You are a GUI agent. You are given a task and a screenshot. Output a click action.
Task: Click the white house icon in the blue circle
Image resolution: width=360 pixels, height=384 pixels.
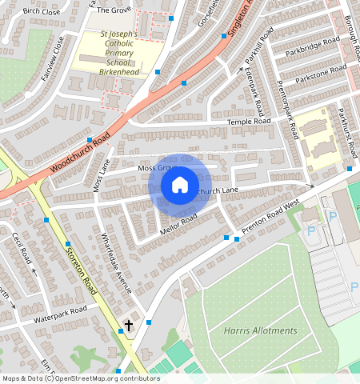tap(180, 185)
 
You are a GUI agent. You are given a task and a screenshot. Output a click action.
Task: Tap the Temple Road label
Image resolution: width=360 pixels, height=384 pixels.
tap(250, 121)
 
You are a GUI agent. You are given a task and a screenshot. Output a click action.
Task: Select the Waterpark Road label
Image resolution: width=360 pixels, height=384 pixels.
tap(59, 314)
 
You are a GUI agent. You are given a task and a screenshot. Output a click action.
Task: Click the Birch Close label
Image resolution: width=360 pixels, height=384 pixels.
tap(42, 12)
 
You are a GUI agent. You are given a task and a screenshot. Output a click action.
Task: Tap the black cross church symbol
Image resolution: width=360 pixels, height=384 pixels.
tap(129, 325)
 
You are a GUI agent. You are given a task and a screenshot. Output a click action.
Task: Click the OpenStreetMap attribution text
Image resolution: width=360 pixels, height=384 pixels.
tap(80, 378)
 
